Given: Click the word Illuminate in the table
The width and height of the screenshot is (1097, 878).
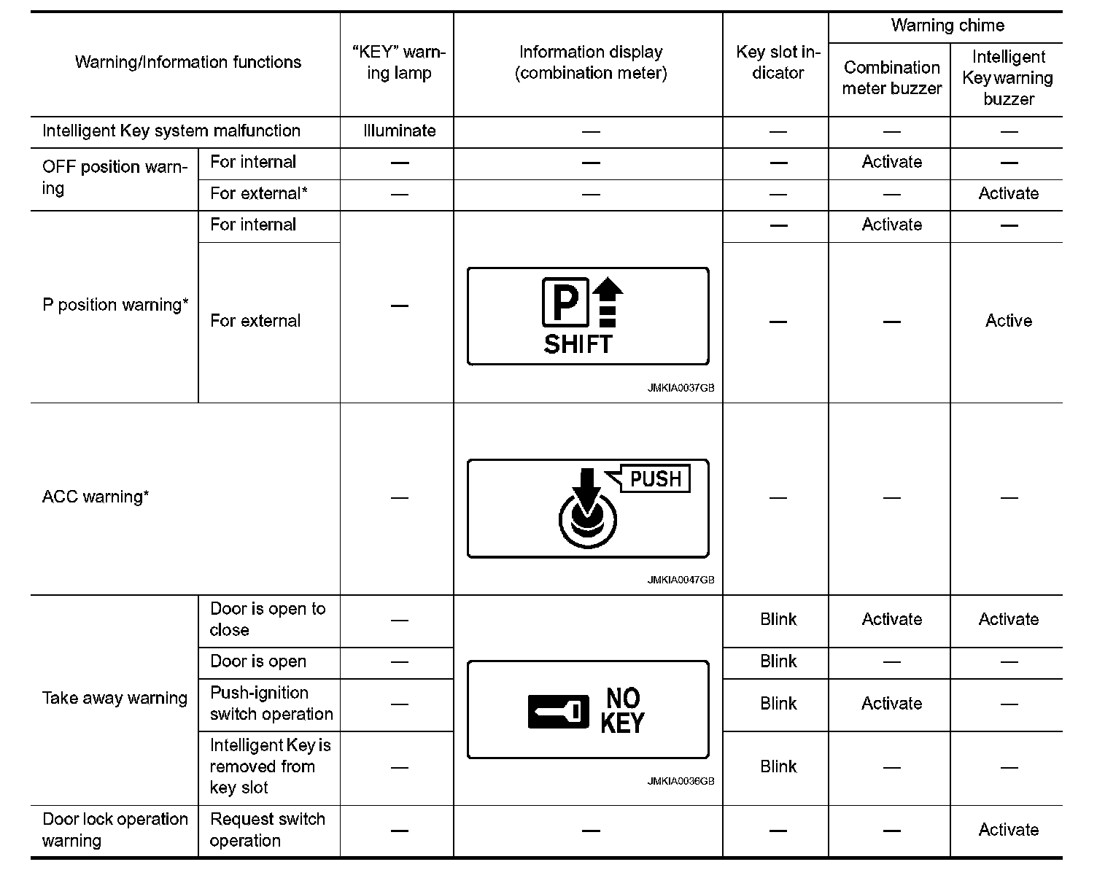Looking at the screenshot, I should [x=399, y=131].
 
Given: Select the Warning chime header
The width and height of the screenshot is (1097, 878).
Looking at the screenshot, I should [x=947, y=26].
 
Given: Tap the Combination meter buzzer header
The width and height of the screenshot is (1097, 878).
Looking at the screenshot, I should [x=891, y=78].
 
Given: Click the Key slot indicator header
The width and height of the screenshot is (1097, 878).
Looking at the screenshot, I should [x=778, y=63].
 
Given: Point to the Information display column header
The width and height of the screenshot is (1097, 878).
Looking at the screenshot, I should [x=590, y=63].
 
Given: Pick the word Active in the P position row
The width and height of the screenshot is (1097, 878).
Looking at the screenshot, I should [x=1008, y=321].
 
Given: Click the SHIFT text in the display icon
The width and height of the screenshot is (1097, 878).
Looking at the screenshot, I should [x=578, y=344].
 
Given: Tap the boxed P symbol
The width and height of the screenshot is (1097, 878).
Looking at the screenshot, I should [x=565, y=303].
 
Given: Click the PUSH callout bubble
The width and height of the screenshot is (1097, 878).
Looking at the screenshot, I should [x=654, y=479].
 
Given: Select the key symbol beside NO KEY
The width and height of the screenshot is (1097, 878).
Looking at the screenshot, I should [x=558, y=711].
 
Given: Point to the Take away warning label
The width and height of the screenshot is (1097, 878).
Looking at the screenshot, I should [x=115, y=699].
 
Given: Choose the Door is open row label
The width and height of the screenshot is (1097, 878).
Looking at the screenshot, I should [x=258, y=662].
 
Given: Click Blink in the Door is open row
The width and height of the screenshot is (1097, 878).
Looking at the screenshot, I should [x=778, y=661].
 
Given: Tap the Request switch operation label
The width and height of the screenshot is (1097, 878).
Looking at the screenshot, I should [x=267, y=830].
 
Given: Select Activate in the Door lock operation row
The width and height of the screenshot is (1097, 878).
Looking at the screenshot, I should [x=1008, y=830].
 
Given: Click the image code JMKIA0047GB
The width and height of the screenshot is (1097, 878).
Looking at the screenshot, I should [x=680, y=580].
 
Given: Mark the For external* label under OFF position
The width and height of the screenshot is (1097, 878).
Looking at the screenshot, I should [x=258, y=194].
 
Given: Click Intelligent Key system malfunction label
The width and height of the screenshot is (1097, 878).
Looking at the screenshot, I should [x=171, y=131].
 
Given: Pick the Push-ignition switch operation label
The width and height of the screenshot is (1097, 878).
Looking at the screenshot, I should [x=271, y=704].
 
